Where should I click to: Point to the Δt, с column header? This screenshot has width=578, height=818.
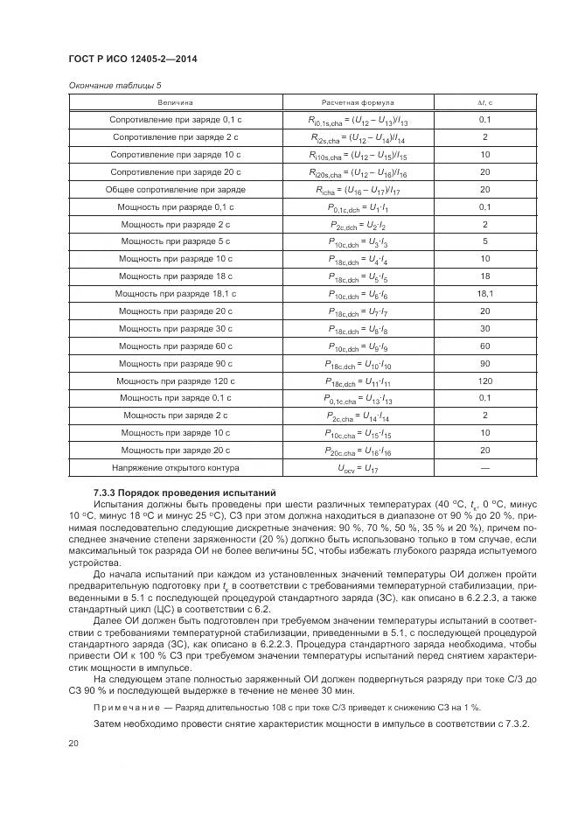pyautogui.click(x=484, y=102)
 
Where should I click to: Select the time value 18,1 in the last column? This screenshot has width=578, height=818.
pyautogui.click(x=484, y=293)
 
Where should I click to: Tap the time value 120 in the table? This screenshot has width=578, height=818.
pyautogui.click(x=484, y=381)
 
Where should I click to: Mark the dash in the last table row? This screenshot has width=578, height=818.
pyautogui.click(x=484, y=468)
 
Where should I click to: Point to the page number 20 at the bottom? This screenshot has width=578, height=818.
pyautogui.click(x=73, y=743)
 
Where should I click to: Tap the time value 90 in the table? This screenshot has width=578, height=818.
pyautogui.click(x=484, y=363)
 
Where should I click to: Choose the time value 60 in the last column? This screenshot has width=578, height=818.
pyautogui.click(x=484, y=346)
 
